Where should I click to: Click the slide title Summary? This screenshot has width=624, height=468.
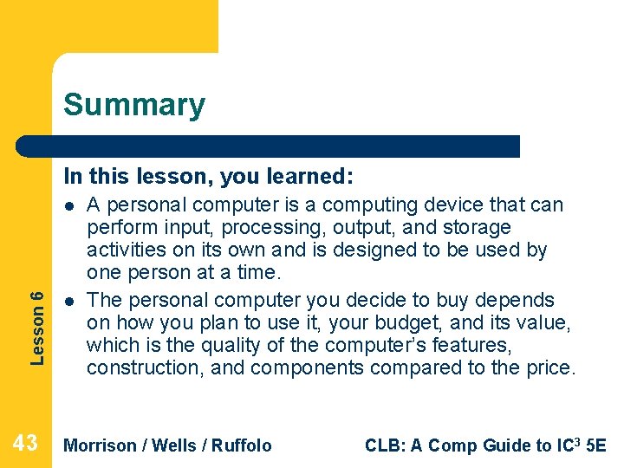(x=134, y=105)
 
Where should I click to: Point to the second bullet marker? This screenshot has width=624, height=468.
(x=68, y=302)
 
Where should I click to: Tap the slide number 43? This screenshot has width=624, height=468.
(x=25, y=444)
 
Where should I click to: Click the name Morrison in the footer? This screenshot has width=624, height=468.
(x=101, y=445)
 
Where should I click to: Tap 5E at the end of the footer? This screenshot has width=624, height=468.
(x=596, y=445)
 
